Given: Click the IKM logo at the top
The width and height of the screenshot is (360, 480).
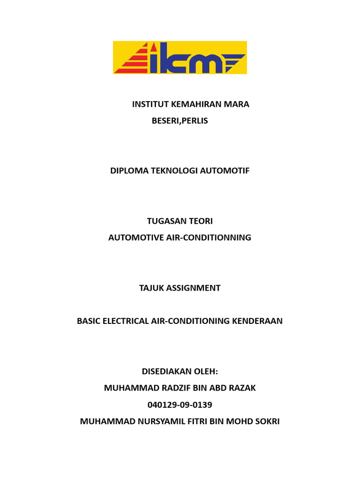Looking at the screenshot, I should click(180, 58).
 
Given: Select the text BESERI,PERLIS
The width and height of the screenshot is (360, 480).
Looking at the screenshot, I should click(180, 121).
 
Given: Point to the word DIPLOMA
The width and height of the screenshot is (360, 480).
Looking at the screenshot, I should click(128, 171).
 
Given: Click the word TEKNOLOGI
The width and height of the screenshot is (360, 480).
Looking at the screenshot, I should click(174, 171).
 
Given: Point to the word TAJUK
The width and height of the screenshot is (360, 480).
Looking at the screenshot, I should click(152, 288).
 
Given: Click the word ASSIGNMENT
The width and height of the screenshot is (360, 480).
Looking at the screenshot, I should click(194, 288).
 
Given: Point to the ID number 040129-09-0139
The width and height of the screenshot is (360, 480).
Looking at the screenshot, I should click(180, 405).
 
